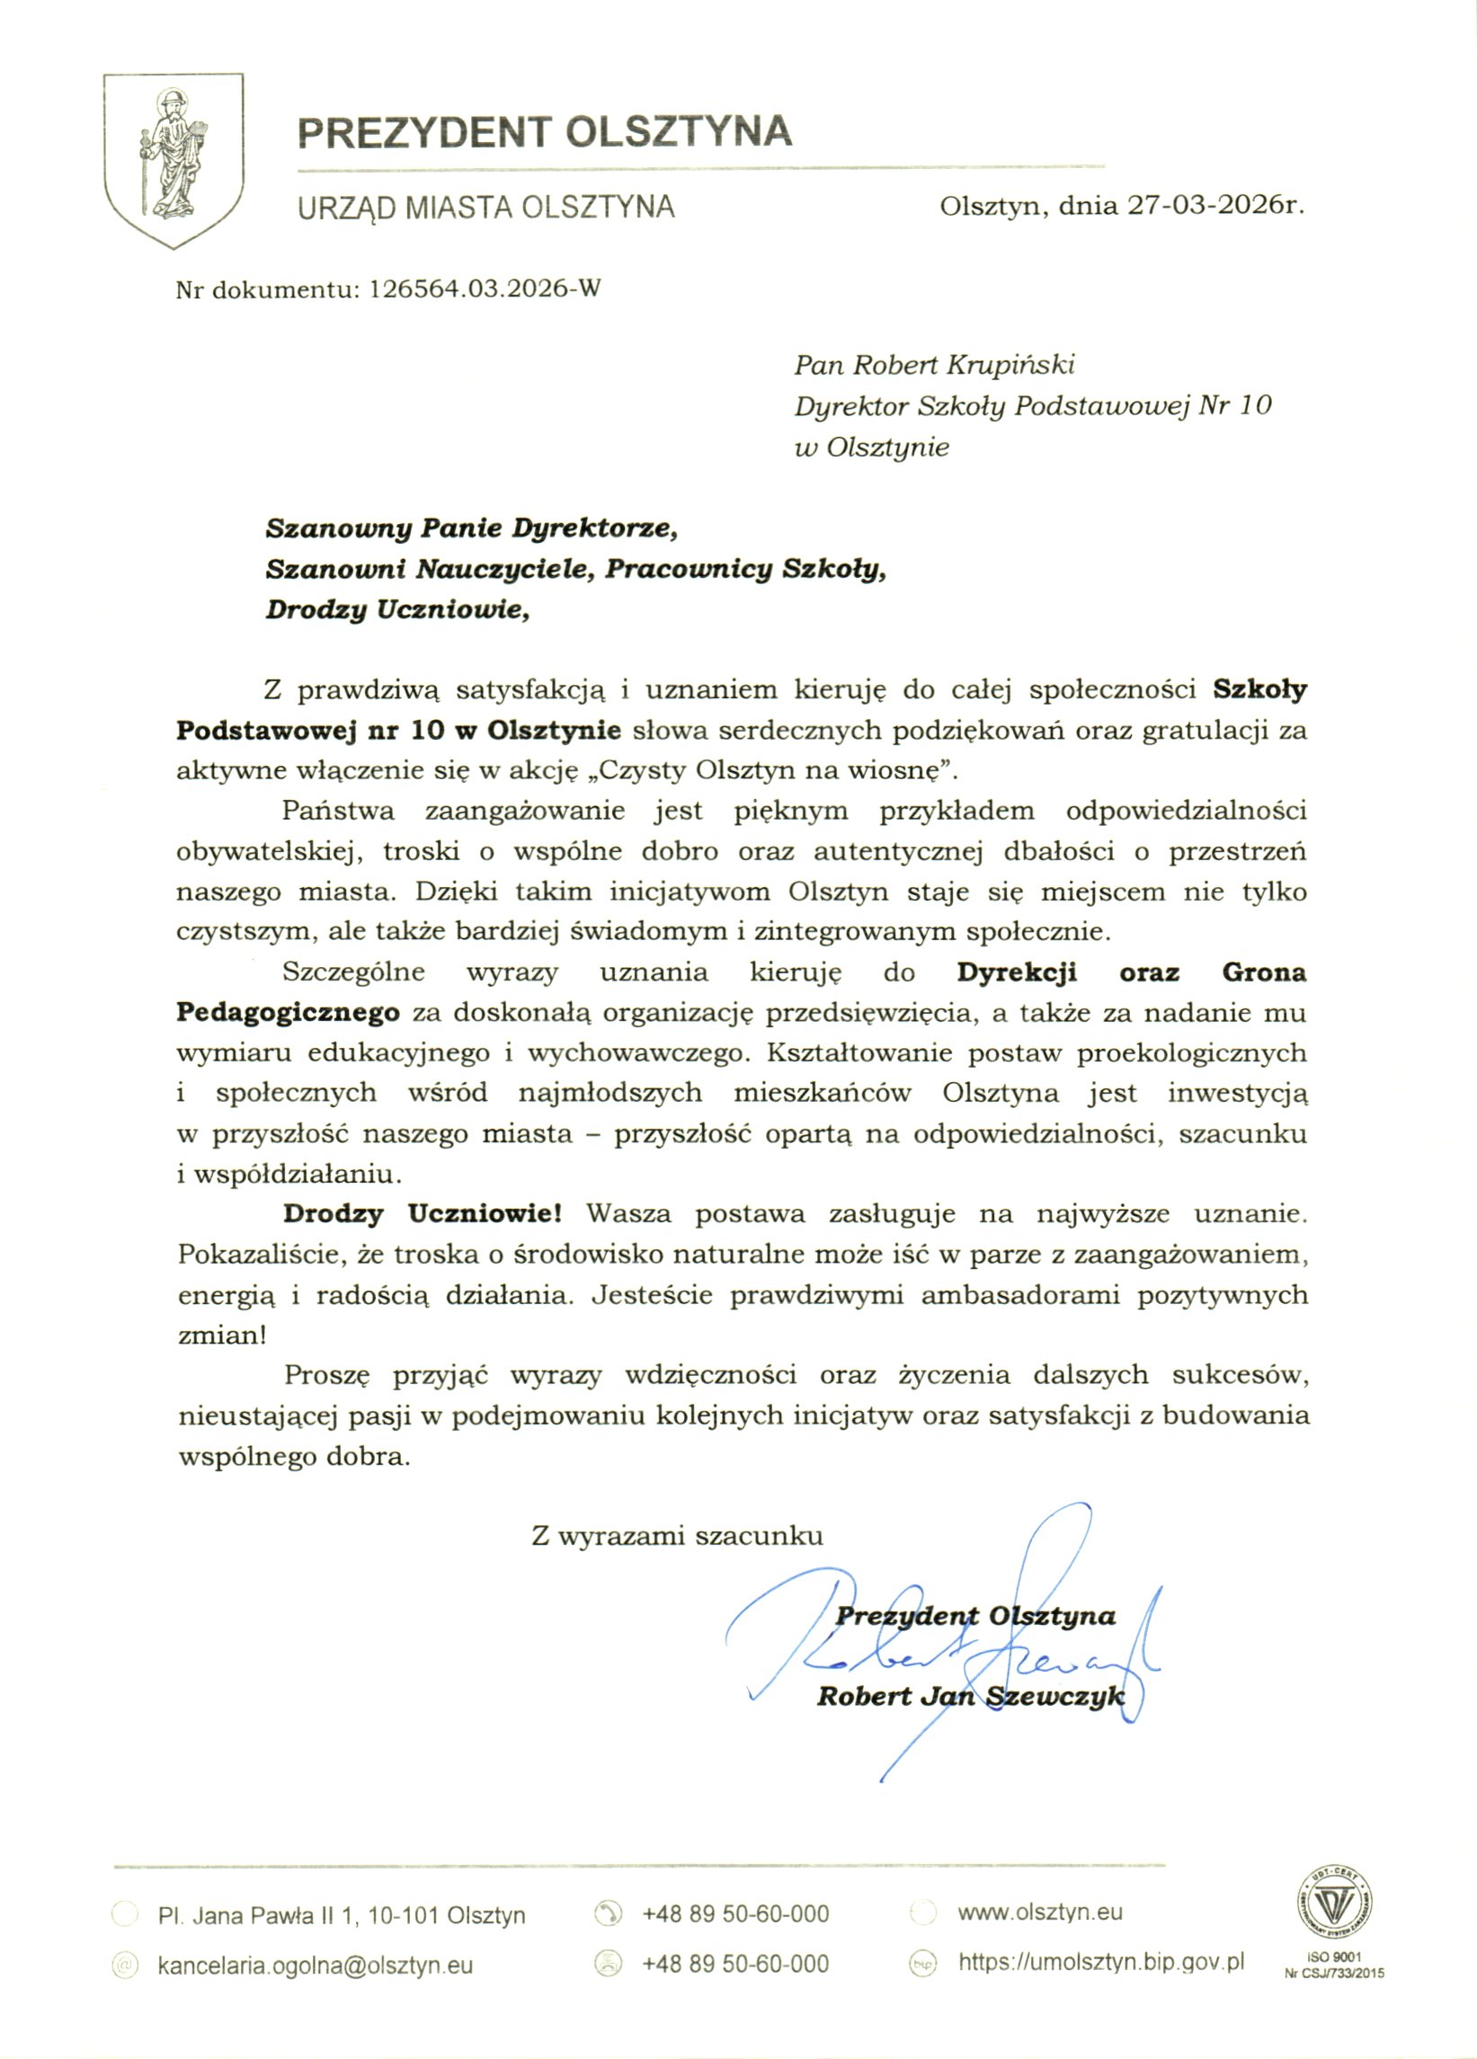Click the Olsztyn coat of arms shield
pos(174,159)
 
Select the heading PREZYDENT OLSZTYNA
pos(545,131)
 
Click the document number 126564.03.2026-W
pos(485,289)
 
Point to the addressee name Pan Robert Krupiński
pos(934,365)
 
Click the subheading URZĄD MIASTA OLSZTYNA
pos(486,207)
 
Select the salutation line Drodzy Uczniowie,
pos(396,609)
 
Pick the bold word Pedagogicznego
pos(288,1012)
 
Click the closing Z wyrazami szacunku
pos(677,1536)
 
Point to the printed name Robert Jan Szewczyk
pos(971,1696)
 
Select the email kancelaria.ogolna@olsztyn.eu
pos(315,1966)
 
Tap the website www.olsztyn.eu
pos(1039,1913)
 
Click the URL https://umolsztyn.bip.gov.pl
pos(1101,1963)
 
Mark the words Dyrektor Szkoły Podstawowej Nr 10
pos(1032,406)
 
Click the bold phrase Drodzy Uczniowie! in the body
pos(423,1214)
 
